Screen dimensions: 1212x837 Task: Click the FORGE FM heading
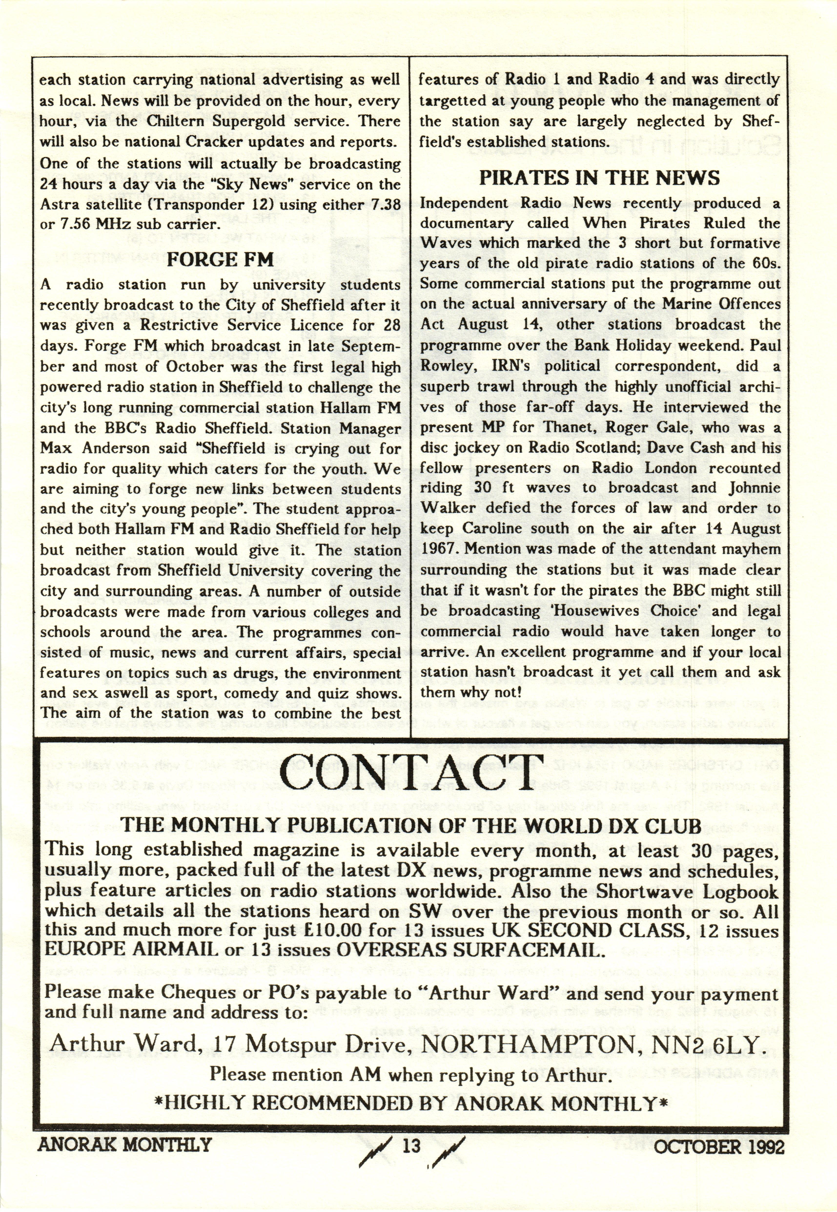(x=220, y=260)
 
